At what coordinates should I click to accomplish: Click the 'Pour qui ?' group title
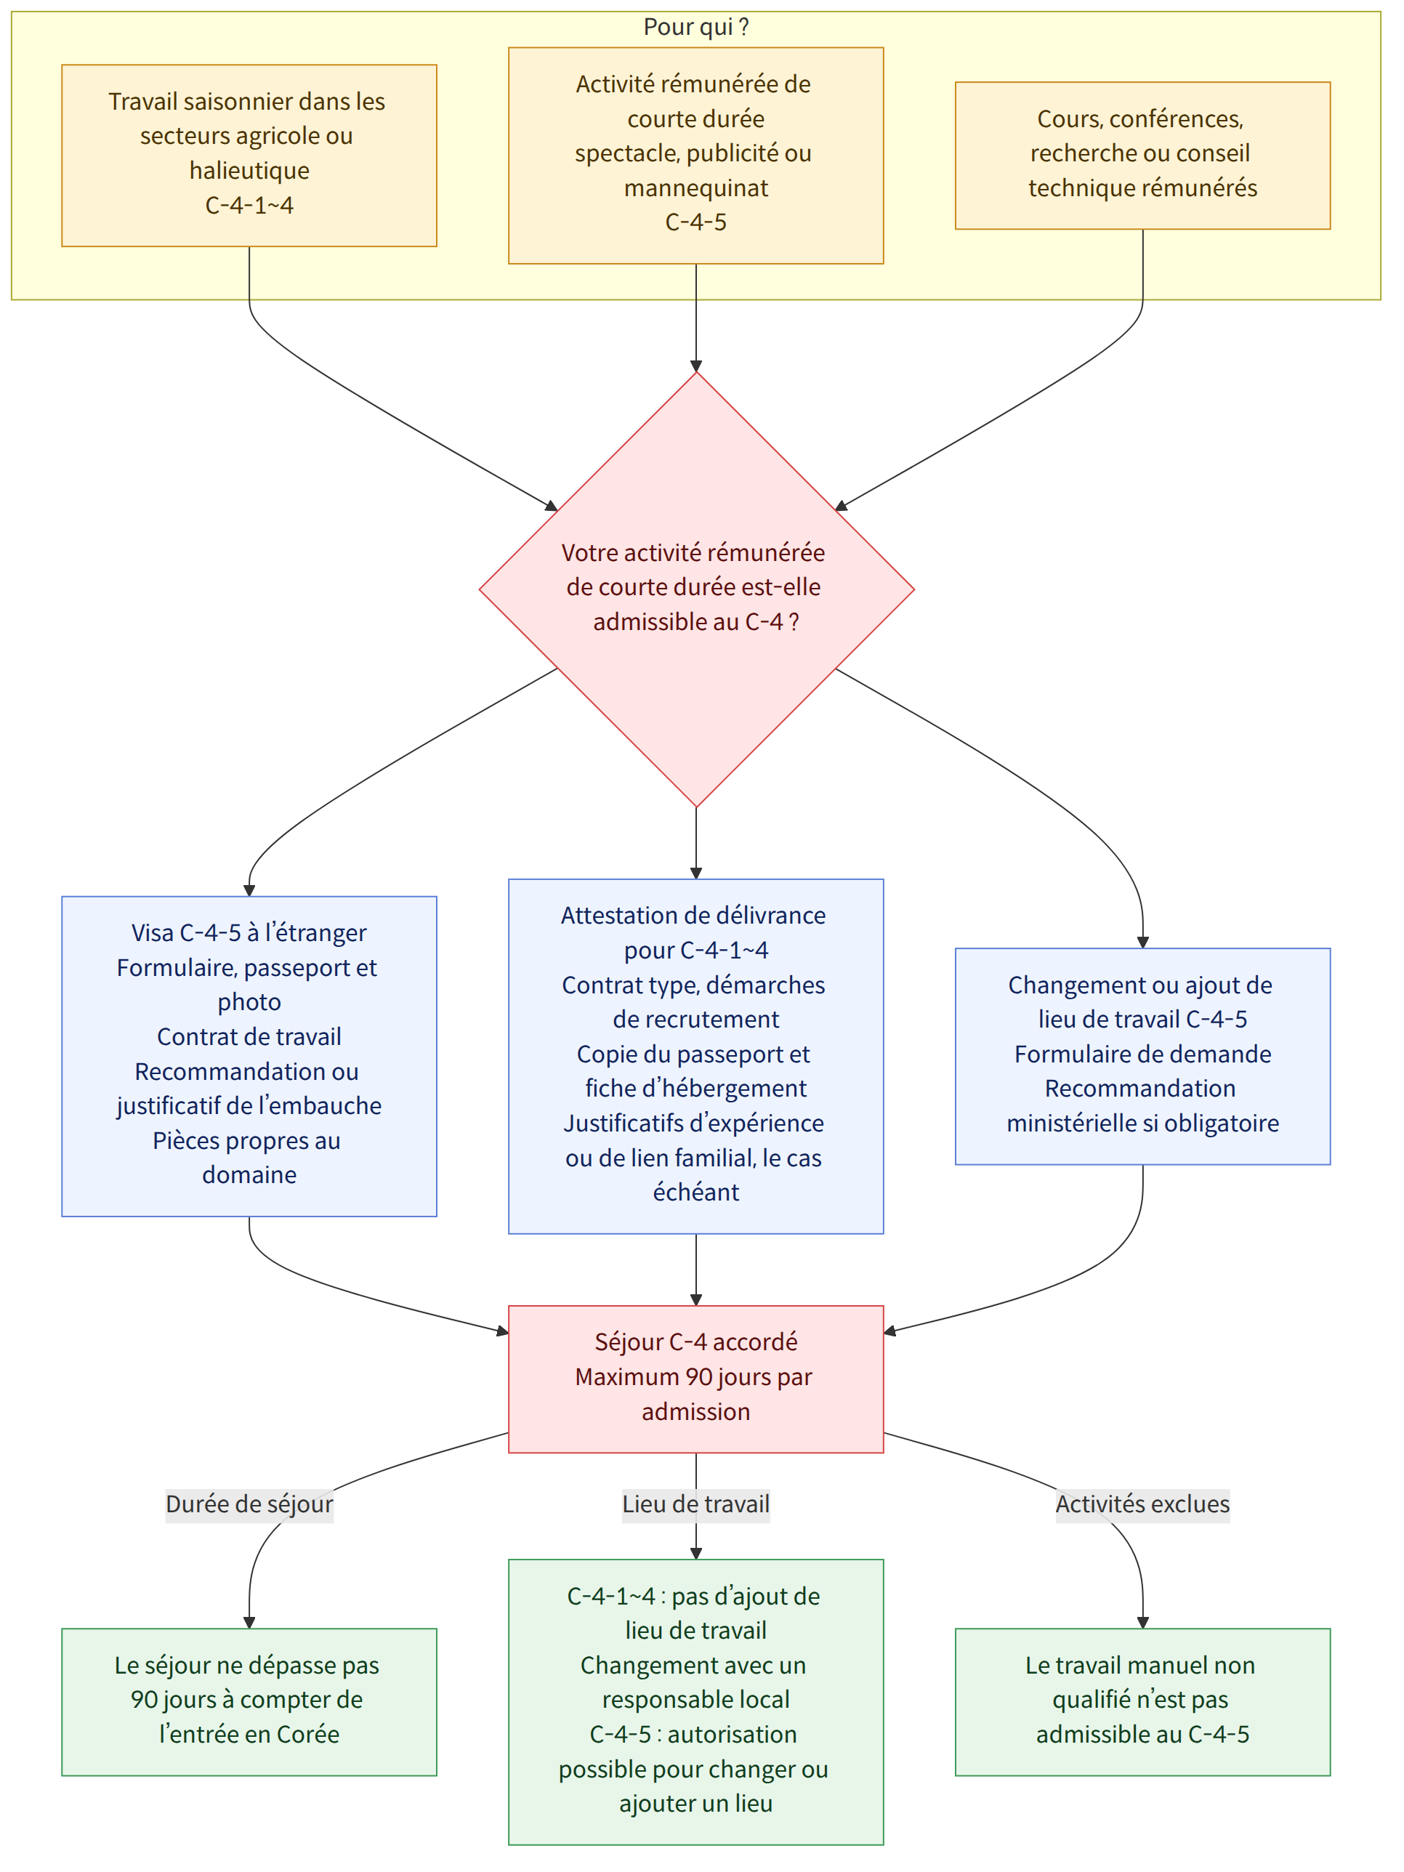point(695,27)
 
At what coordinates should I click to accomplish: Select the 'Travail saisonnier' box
point(249,156)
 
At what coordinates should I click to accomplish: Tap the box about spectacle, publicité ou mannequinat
point(695,156)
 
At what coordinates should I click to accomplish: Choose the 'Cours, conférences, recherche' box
point(1142,156)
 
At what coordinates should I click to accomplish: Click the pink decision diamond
point(695,590)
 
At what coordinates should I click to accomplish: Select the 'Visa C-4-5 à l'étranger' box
point(249,1056)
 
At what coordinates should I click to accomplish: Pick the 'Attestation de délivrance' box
point(695,1056)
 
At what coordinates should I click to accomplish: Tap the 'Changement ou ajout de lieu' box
point(1142,1056)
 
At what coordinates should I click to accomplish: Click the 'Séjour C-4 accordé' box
point(695,1379)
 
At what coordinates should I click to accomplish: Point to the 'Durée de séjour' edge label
point(249,1504)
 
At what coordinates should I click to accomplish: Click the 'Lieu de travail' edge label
point(695,1504)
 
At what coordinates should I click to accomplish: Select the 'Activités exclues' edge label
point(1142,1504)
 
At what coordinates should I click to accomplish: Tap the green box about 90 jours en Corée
point(249,1702)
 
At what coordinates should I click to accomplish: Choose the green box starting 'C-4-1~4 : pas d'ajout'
point(695,1702)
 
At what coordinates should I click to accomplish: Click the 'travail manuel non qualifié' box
point(1142,1702)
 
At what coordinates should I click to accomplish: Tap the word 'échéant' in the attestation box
point(695,1192)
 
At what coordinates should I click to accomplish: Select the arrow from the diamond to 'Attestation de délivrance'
point(695,843)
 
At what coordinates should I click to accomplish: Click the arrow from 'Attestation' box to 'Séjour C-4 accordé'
point(695,1270)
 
